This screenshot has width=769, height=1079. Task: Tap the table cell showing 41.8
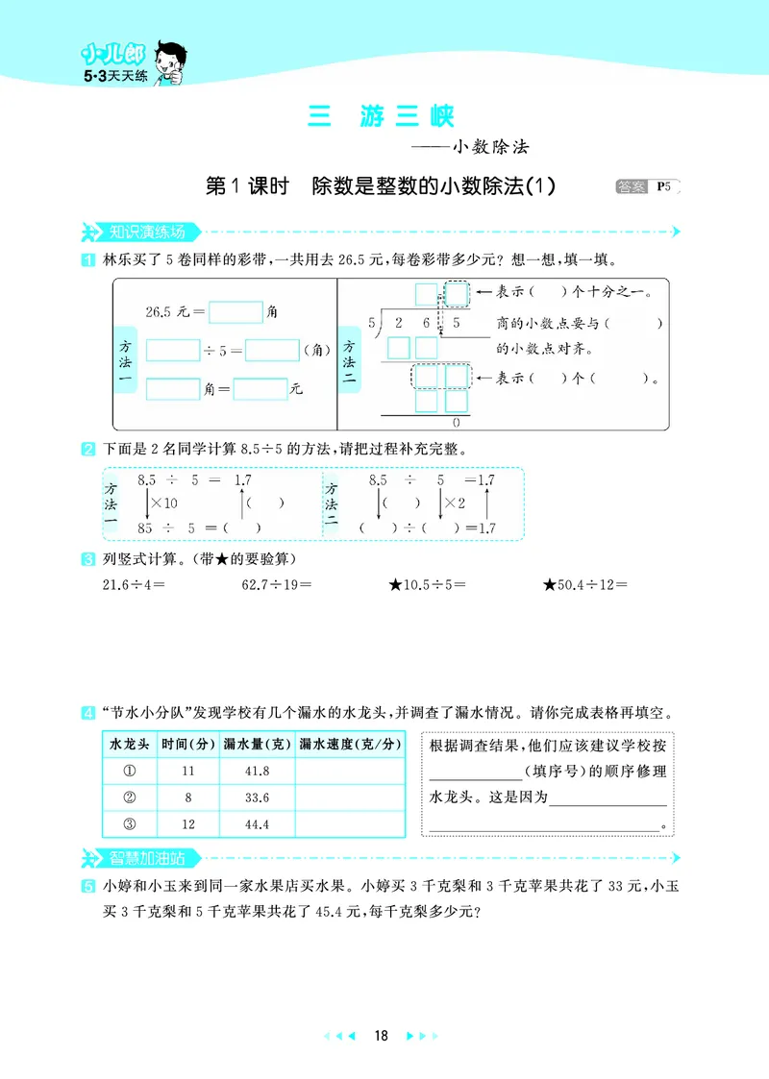coord(257,771)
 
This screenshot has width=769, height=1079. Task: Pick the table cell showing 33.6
coord(257,797)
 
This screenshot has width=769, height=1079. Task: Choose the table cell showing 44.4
coord(257,824)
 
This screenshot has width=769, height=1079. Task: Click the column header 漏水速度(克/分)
coord(347,745)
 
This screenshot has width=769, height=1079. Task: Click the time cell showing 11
coord(186,771)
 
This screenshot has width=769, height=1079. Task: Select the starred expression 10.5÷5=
coord(426,582)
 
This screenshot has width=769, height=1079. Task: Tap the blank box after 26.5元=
coord(236,312)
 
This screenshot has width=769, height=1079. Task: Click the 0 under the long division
coord(455,423)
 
